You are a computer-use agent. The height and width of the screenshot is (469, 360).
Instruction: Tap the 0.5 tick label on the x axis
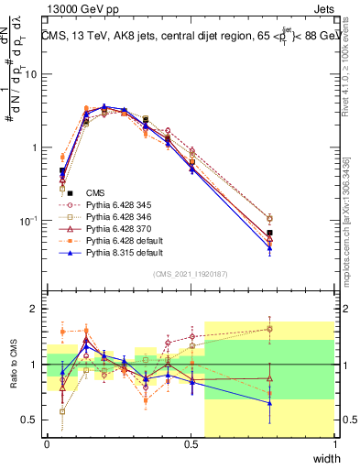pos(191,444)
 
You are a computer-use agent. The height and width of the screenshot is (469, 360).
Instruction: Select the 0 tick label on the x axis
pos(47,444)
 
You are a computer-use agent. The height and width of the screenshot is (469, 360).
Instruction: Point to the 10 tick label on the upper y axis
pos(29,74)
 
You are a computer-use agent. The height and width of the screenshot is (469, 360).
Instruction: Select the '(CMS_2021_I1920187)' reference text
pos(191,274)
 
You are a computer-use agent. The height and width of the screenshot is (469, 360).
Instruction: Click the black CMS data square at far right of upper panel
pos(269,233)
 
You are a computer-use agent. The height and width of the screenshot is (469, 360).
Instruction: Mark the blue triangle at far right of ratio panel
pos(269,403)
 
